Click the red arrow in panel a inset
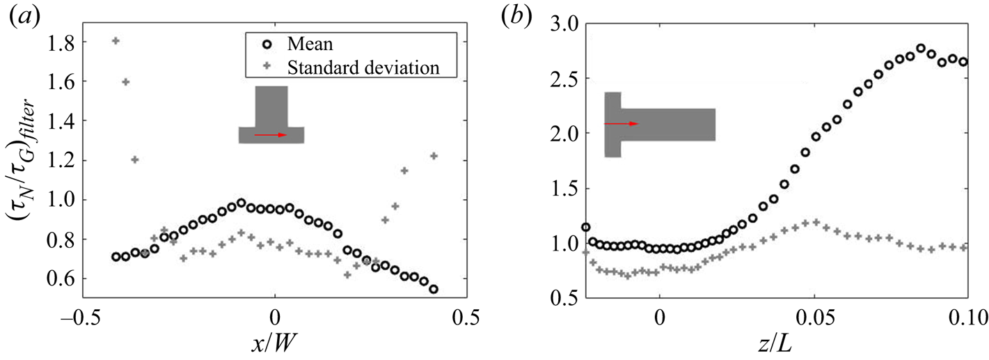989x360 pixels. (271, 135)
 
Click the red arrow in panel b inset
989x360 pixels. (622, 123)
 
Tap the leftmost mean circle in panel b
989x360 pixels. (586, 227)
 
